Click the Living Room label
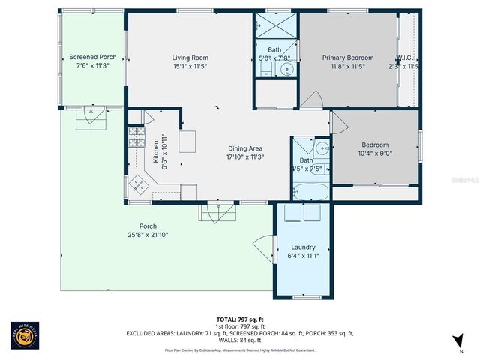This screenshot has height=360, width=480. click(190, 58)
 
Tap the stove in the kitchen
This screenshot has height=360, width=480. click(137, 136)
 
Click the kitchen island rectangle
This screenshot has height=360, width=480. click(187, 141)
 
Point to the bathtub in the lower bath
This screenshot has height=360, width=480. click(310, 191)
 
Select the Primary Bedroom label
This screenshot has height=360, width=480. click(348, 58)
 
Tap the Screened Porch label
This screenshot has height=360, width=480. click(93, 57)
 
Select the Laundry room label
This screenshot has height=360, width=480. click(303, 247)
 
